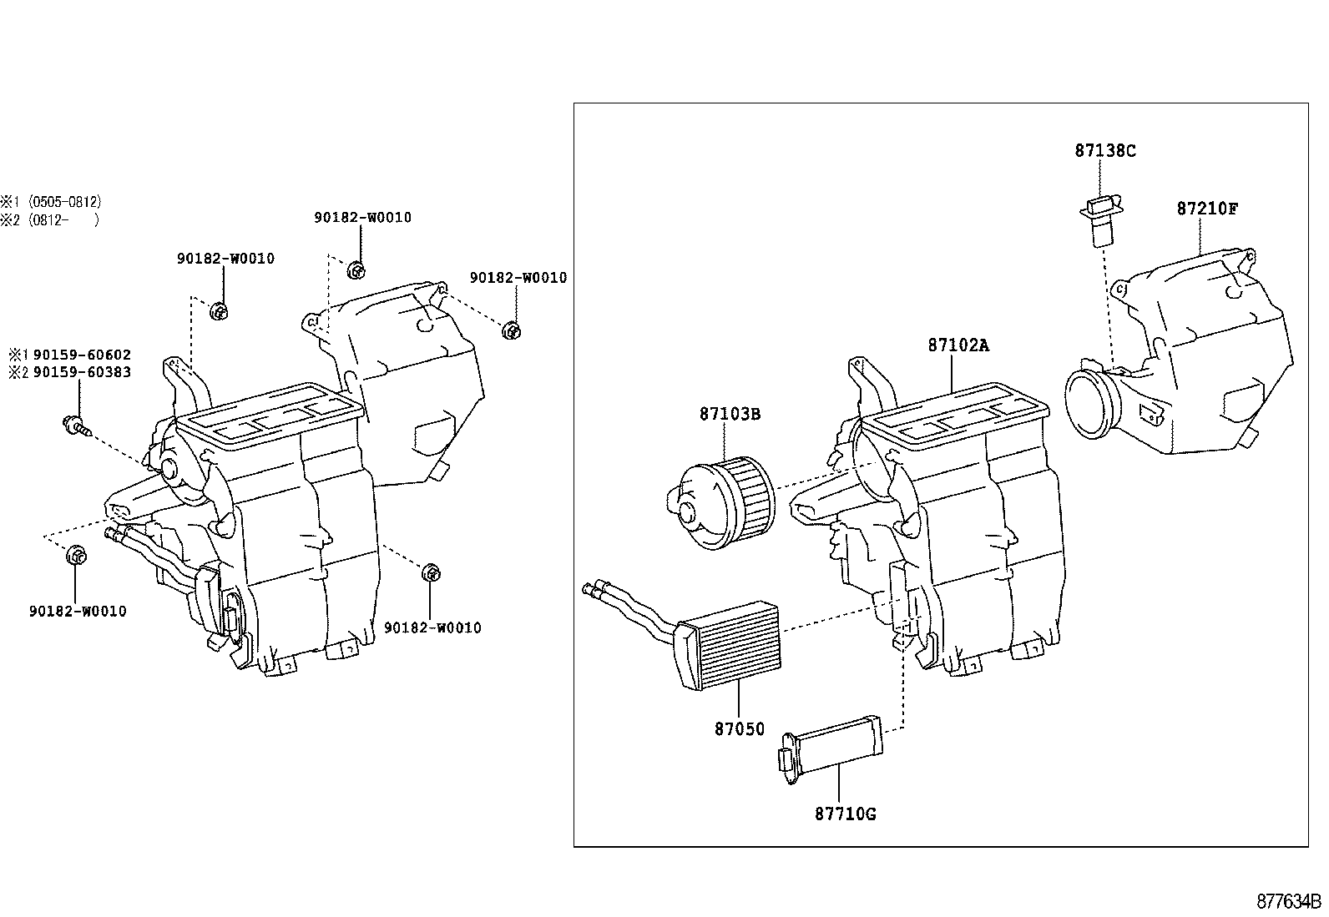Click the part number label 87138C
[1104, 151]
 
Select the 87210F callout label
[1207, 208]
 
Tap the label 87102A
[958, 345]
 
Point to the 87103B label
[730, 414]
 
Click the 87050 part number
[739, 729]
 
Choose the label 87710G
[845, 814]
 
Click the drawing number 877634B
[1289, 901]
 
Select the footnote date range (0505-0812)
[64, 202]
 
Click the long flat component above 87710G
[831, 742]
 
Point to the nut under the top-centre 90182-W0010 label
[356, 270]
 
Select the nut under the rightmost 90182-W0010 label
[512, 330]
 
